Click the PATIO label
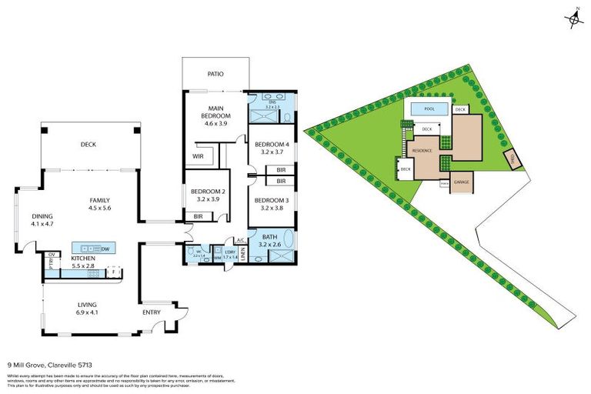215,74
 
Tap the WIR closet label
198,156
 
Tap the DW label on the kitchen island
104,249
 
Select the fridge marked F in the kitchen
114,272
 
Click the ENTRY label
152,312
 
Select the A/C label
240,240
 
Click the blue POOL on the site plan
427,109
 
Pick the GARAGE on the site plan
461,182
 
